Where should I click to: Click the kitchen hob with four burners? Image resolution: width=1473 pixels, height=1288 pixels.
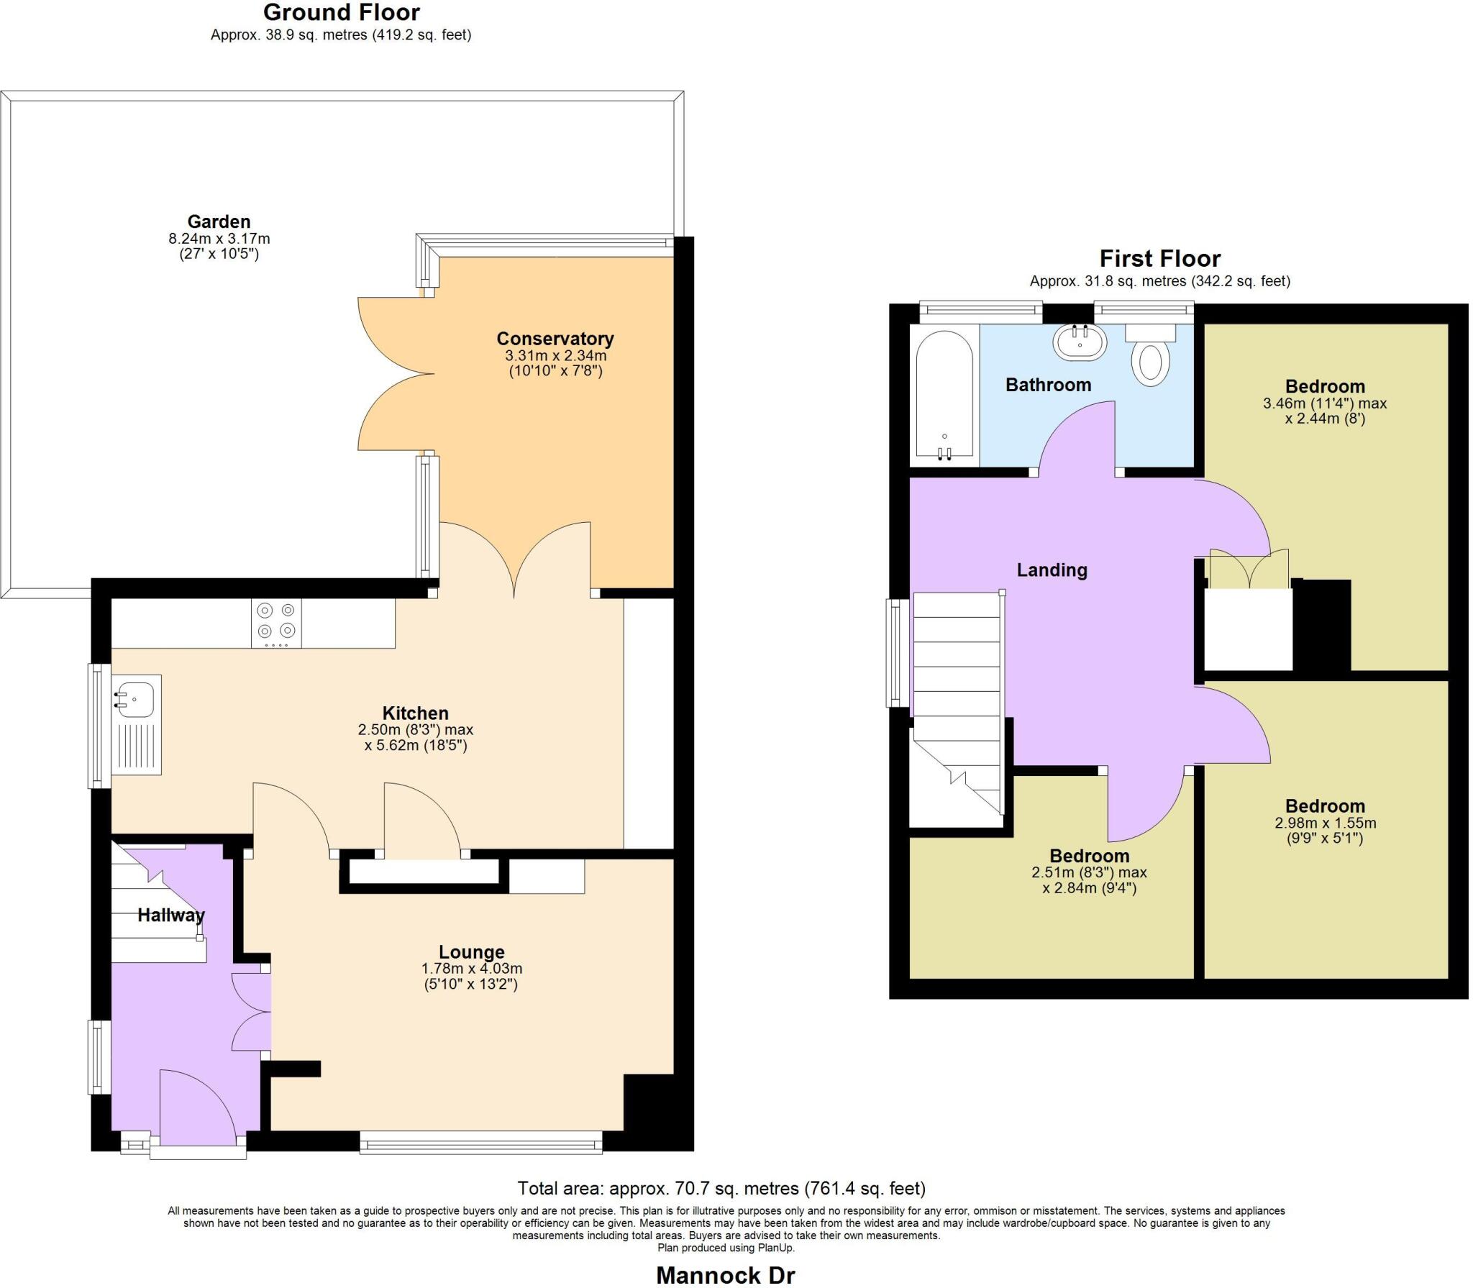point(276,623)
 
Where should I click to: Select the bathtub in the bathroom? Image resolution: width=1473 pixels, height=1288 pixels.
point(944,395)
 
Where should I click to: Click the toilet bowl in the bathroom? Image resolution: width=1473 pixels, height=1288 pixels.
point(1150,364)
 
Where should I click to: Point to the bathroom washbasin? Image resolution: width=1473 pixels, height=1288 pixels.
point(1079,342)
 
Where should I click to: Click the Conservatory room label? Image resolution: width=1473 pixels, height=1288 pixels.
point(555,339)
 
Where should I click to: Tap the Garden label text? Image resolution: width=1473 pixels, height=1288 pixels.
point(219,221)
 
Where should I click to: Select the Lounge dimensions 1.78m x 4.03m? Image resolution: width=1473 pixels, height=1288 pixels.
point(471,969)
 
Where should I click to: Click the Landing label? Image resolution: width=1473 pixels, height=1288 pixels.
point(1052,570)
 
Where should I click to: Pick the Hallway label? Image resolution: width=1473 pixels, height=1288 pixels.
point(171,915)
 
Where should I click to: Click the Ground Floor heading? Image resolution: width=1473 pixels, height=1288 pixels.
point(341,12)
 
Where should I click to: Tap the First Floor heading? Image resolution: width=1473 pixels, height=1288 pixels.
point(1159,258)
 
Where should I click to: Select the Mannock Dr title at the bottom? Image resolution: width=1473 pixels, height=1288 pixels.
point(725,1275)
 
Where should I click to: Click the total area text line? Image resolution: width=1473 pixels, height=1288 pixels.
point(721,1188)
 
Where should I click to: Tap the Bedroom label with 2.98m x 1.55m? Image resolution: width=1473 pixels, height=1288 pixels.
point(1325,806)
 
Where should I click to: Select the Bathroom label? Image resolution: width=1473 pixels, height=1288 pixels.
point(1048,385)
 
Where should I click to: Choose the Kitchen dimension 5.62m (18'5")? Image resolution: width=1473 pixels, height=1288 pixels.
point(416,745)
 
